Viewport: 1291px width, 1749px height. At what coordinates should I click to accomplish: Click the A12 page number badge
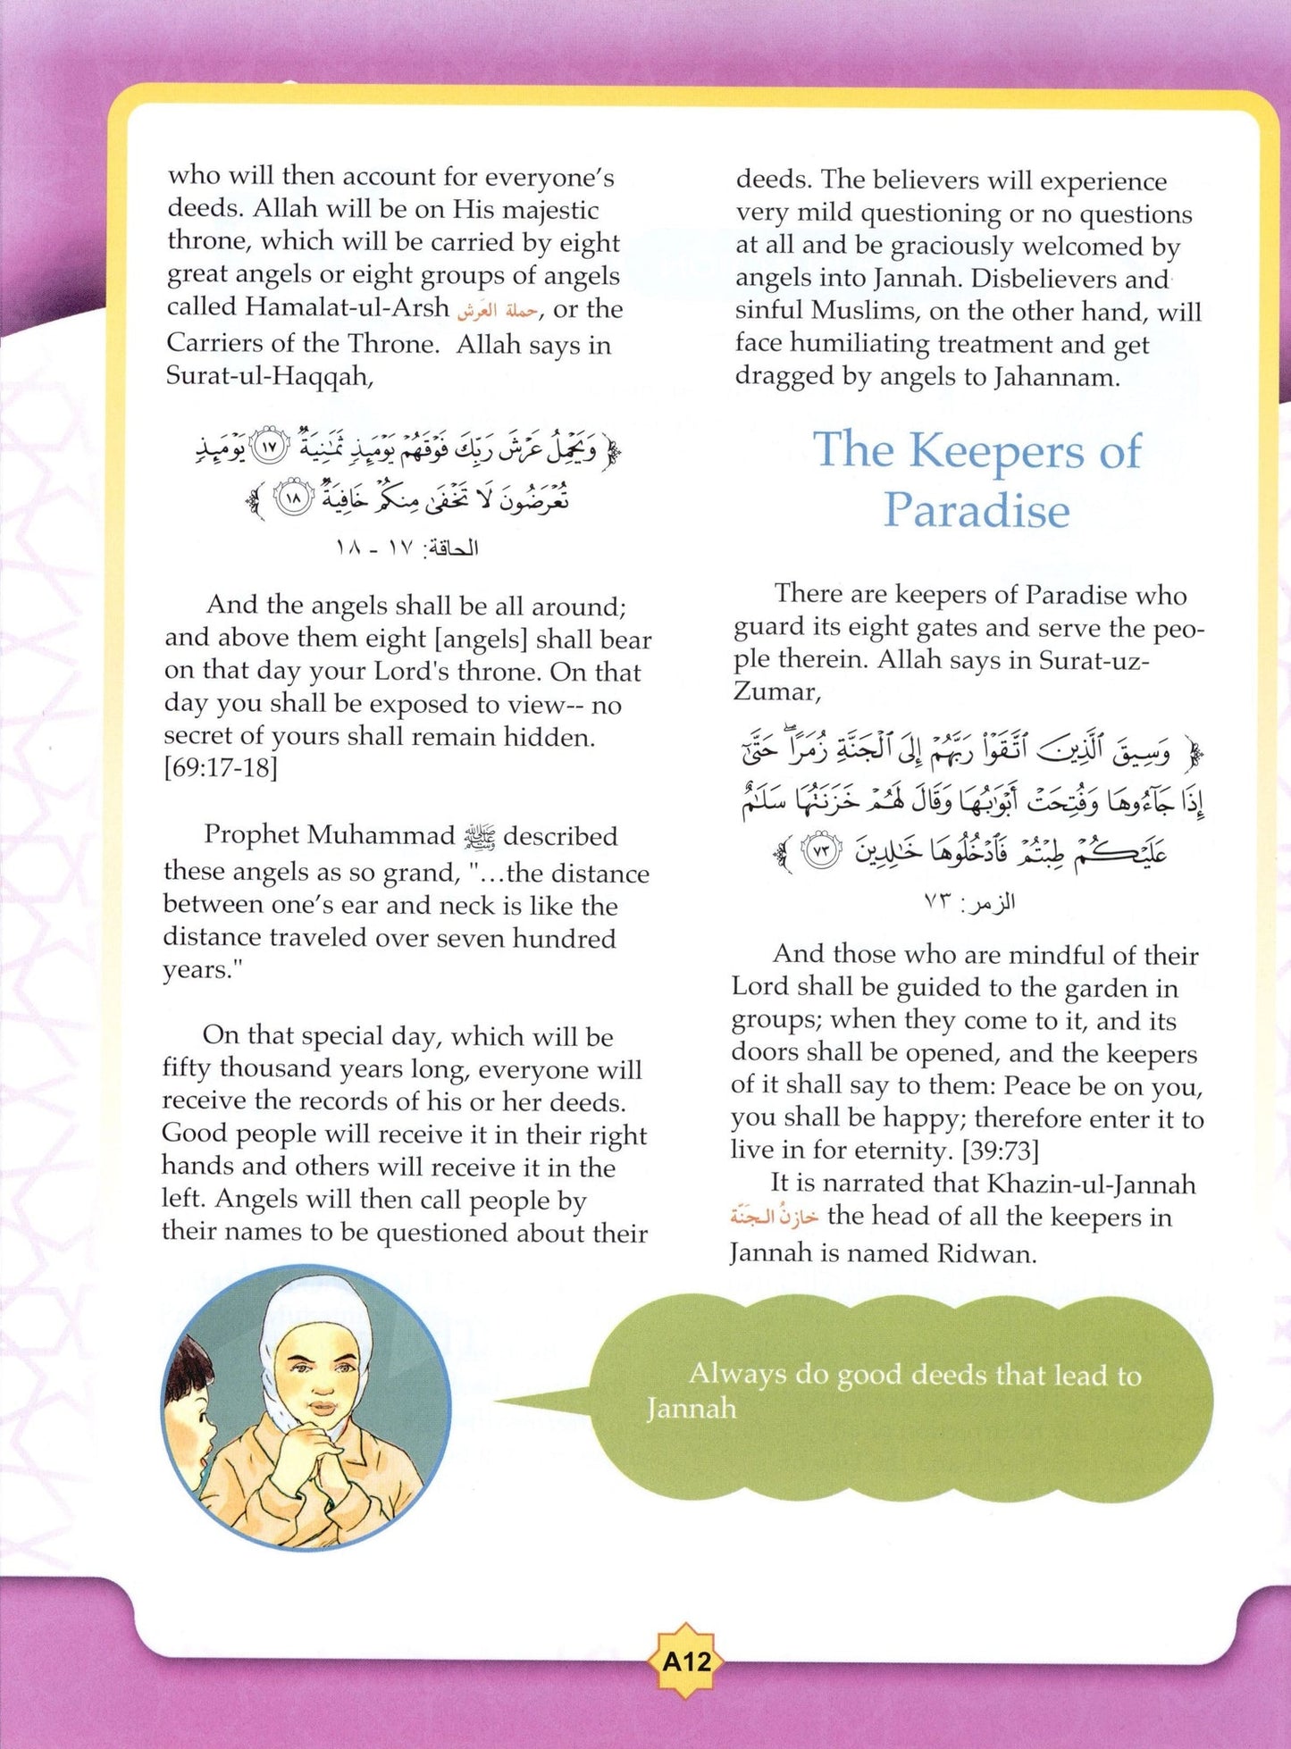686,1661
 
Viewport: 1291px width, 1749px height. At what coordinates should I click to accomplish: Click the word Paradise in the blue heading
977,511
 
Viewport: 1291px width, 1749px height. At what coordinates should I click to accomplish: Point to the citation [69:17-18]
221,768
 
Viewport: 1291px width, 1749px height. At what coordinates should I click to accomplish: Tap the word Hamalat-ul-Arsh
348,308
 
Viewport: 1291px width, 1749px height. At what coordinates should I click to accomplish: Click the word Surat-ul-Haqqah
269,376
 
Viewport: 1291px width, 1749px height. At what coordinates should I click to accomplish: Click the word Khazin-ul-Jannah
1092,1184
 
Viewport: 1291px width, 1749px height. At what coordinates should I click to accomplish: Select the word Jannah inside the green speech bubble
692,1409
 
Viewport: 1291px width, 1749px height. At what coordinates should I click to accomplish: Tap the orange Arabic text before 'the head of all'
774,1218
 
